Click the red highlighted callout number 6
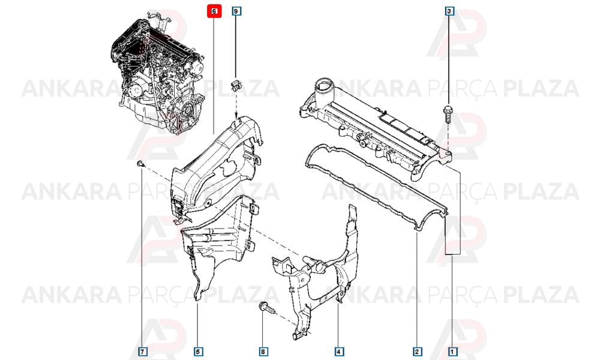click(214, 11)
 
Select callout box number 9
click(236, 11)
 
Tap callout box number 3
click(449, 11)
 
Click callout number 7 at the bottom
click(142, 351)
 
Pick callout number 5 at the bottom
click(197, 351)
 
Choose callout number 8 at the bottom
click(263, 351)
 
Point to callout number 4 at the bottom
click(338, 351)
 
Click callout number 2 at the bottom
click(417, 351)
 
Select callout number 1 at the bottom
click(452, 351)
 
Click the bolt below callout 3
click(448, 113)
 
